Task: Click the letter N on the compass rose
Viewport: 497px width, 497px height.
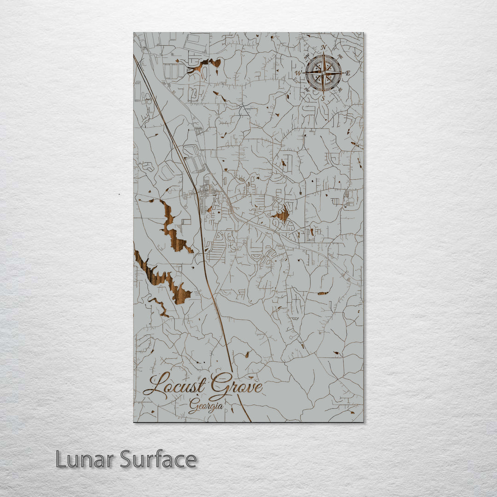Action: (324, 47)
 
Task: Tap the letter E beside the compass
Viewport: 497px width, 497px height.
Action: (348, 73)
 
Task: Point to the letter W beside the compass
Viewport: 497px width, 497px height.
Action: (298, 73)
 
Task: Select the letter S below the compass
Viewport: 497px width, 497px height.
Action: (323, 98)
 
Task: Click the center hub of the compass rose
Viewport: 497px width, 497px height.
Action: (324, 73)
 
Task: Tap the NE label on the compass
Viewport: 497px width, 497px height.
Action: (340, 57)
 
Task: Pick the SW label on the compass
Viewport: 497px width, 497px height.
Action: (307, 89)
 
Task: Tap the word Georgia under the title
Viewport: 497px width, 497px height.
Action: (206, 406)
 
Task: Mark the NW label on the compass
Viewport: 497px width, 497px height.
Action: (307, 57)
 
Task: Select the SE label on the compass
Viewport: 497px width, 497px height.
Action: (340, 89)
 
